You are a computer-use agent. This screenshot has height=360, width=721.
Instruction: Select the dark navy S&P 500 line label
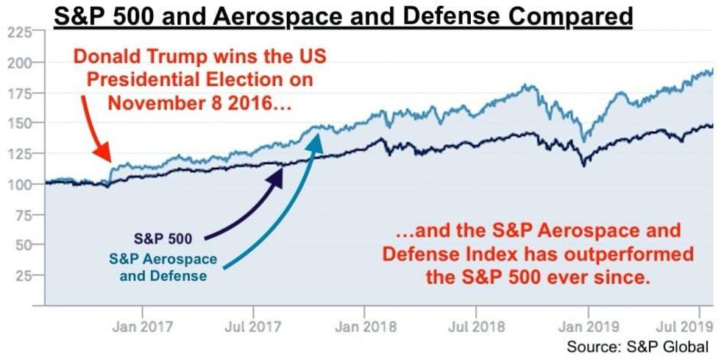[163, 239]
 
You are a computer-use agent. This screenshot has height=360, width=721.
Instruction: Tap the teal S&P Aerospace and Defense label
[163, 268]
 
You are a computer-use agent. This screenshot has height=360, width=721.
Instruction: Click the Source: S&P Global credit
[637, 346]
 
